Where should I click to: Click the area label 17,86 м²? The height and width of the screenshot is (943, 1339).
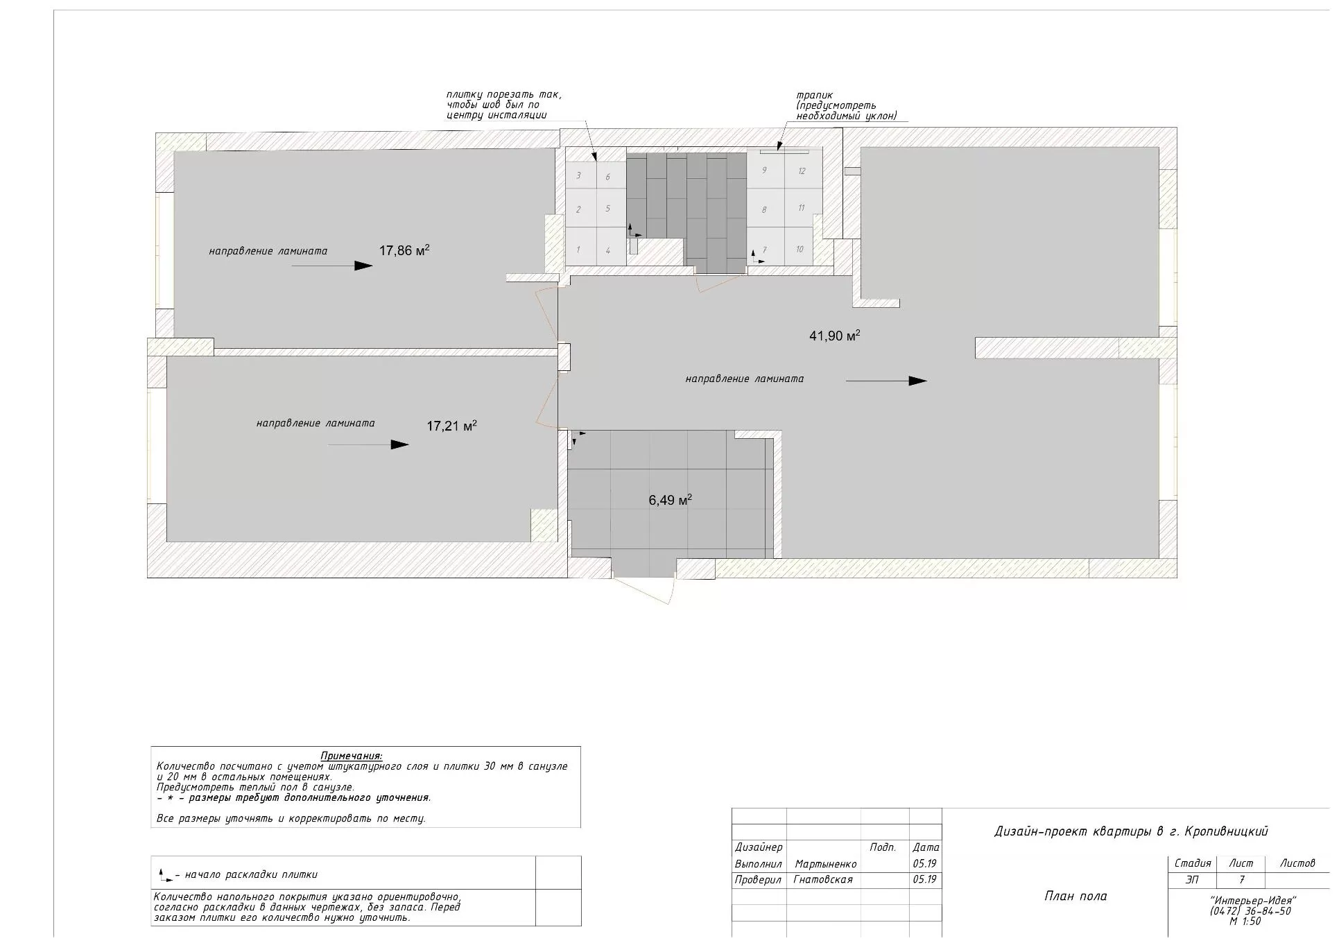[x=404, y=250]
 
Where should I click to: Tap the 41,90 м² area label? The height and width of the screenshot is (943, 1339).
[x=835, y=336]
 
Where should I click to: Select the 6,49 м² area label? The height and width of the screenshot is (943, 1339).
[x=670, y=500]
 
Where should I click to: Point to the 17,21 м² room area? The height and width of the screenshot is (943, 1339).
[x=451, y=426]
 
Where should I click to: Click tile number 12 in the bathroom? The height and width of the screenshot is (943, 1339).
[x=802, y=171]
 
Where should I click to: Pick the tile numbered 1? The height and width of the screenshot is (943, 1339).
[x=579, y=250]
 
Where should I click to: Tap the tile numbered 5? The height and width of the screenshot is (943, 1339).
[x=608, y=208]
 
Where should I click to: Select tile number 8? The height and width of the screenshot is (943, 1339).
[x=764, y=209]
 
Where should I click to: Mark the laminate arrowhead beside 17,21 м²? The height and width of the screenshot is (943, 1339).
[x=400, y=444]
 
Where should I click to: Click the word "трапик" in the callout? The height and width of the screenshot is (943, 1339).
[x=815, y=96]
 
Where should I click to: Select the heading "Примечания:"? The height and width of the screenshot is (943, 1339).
[x=352, y=756]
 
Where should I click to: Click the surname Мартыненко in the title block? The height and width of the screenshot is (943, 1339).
[x=826, y=864]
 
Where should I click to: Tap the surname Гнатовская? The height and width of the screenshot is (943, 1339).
[x=824, y=879]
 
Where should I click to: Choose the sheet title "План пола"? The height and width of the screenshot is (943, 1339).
[x=1075, y=896]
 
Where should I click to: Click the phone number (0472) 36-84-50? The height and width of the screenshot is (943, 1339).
[x=1250, y=911]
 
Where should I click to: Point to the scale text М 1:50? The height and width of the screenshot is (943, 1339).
[x=1245, y=922]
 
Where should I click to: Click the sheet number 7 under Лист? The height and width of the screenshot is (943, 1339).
[x=1241, y=880]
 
